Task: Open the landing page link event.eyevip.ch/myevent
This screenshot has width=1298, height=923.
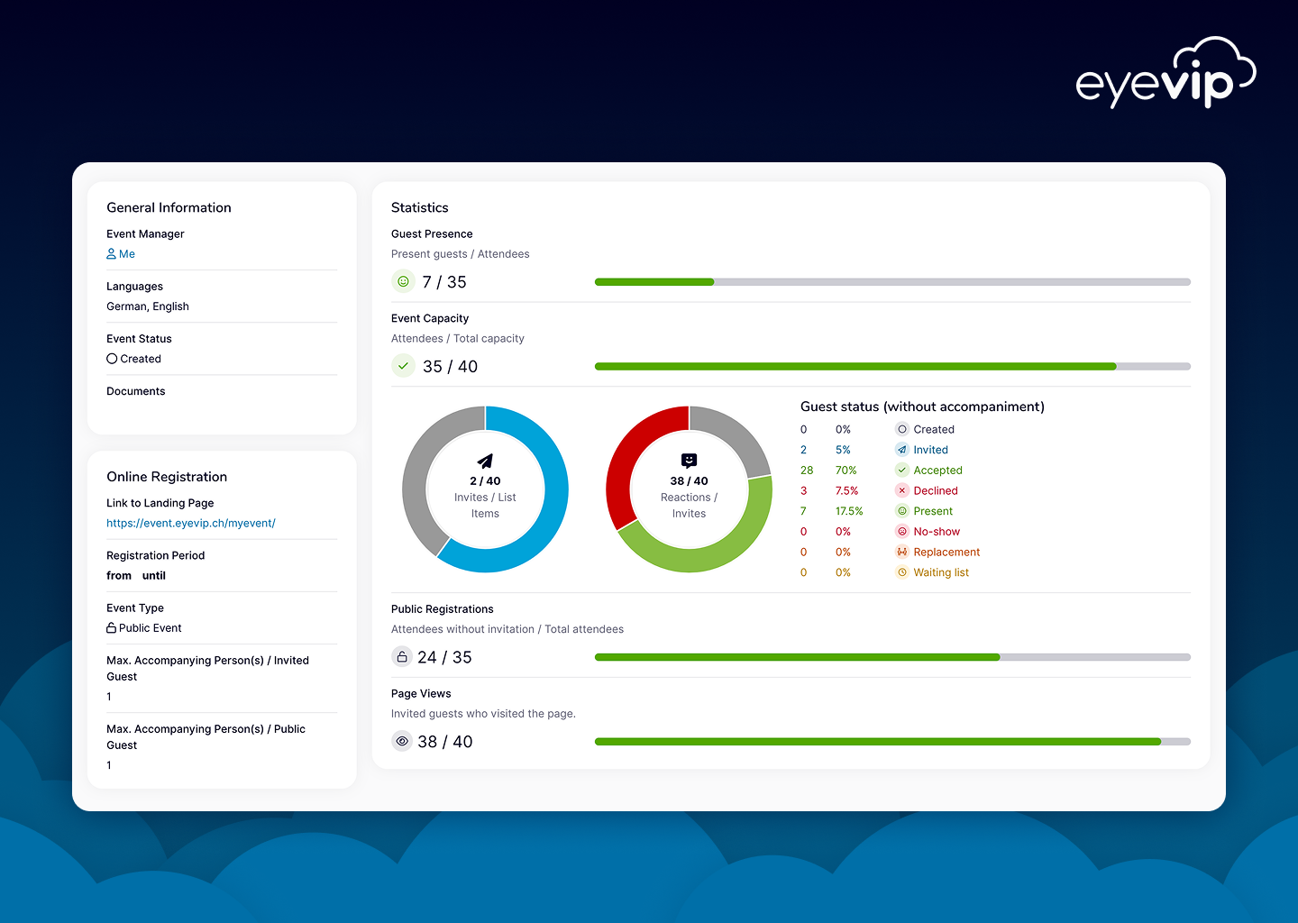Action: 191,523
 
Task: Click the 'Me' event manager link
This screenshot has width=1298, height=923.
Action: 121,254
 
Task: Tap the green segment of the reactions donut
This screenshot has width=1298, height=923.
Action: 725,544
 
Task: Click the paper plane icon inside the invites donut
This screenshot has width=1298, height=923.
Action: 485,461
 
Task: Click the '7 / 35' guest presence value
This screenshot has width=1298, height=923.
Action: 443,282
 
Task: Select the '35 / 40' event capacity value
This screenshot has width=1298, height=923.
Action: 451,367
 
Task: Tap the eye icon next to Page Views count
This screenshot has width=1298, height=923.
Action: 402,741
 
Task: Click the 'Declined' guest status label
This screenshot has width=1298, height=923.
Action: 936,490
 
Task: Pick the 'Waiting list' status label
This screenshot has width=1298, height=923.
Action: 941,572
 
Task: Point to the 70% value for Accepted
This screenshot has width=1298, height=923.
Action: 846,470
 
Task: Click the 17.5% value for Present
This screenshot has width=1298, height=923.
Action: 849,511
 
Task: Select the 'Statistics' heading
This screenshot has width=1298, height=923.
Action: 419,207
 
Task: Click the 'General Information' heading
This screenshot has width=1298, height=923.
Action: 169,207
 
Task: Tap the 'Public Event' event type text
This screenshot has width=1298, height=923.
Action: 150,628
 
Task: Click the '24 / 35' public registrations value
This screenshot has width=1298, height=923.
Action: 444,658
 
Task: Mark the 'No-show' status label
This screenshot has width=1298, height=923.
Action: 937,531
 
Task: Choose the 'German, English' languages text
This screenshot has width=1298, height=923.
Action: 148,306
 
